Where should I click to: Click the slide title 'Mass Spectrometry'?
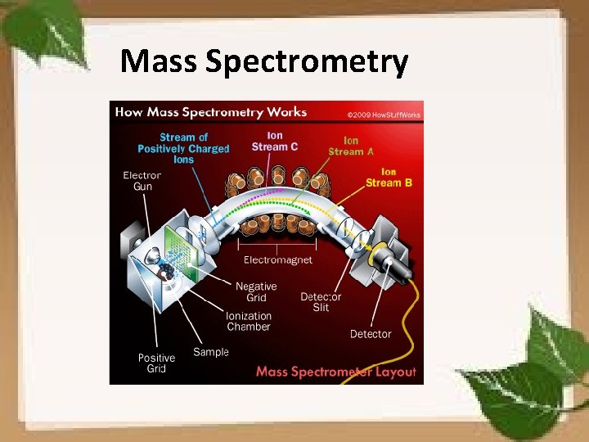tap(263, 61)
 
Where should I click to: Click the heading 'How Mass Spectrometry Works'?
tap(211, 112)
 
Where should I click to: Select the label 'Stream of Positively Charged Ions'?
tap(183, 148)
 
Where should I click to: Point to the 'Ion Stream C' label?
tap(275, 141)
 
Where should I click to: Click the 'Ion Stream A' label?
tap(351, 146)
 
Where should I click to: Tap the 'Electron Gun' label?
tap(142, 181)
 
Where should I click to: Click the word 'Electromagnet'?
tap(278, 259)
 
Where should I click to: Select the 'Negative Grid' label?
tap(256, 292)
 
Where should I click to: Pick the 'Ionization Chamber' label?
tap(249, 321)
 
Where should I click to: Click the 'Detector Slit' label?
tap(321, 301)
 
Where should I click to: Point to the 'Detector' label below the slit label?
tap(371, 334)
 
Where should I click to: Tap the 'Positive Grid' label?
tap(156, 363)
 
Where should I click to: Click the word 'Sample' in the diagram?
tap(211, 352)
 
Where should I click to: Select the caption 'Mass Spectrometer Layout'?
tap(336, 372)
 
